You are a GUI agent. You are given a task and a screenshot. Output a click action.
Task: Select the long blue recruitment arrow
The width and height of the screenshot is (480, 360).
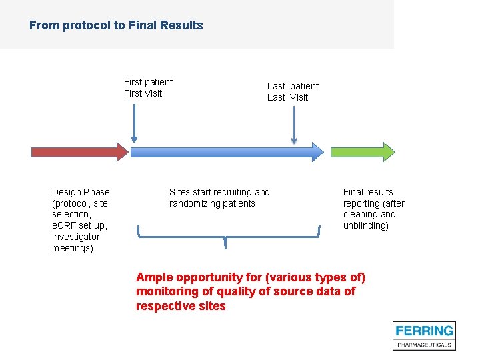click(227, 152)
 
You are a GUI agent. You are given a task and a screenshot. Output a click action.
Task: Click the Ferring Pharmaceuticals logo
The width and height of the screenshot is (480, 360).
click(423, 335)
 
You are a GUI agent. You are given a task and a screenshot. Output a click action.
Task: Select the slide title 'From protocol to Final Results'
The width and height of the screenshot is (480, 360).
click(116, 25)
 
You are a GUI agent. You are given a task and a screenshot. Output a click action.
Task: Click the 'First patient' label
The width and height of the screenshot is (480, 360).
click(148, 82)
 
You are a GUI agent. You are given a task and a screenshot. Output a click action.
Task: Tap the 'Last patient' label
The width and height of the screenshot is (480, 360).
click(293, 86)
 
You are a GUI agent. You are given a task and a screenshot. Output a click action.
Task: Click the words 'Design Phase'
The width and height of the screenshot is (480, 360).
click(81, 192)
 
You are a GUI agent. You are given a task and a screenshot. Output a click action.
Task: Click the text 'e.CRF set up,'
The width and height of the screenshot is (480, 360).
click(79, 225)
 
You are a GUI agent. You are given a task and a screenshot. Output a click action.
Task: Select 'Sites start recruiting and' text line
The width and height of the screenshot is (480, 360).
click(219, 192)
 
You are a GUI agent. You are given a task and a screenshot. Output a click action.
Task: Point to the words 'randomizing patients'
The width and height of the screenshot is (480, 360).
click(212, 203)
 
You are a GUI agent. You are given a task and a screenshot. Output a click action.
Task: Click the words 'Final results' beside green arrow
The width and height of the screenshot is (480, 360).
click(368, 192)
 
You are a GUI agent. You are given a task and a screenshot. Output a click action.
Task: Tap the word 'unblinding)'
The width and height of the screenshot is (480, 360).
click(366, 225)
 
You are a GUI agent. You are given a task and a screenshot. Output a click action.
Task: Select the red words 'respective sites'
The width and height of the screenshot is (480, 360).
click(181, 306)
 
